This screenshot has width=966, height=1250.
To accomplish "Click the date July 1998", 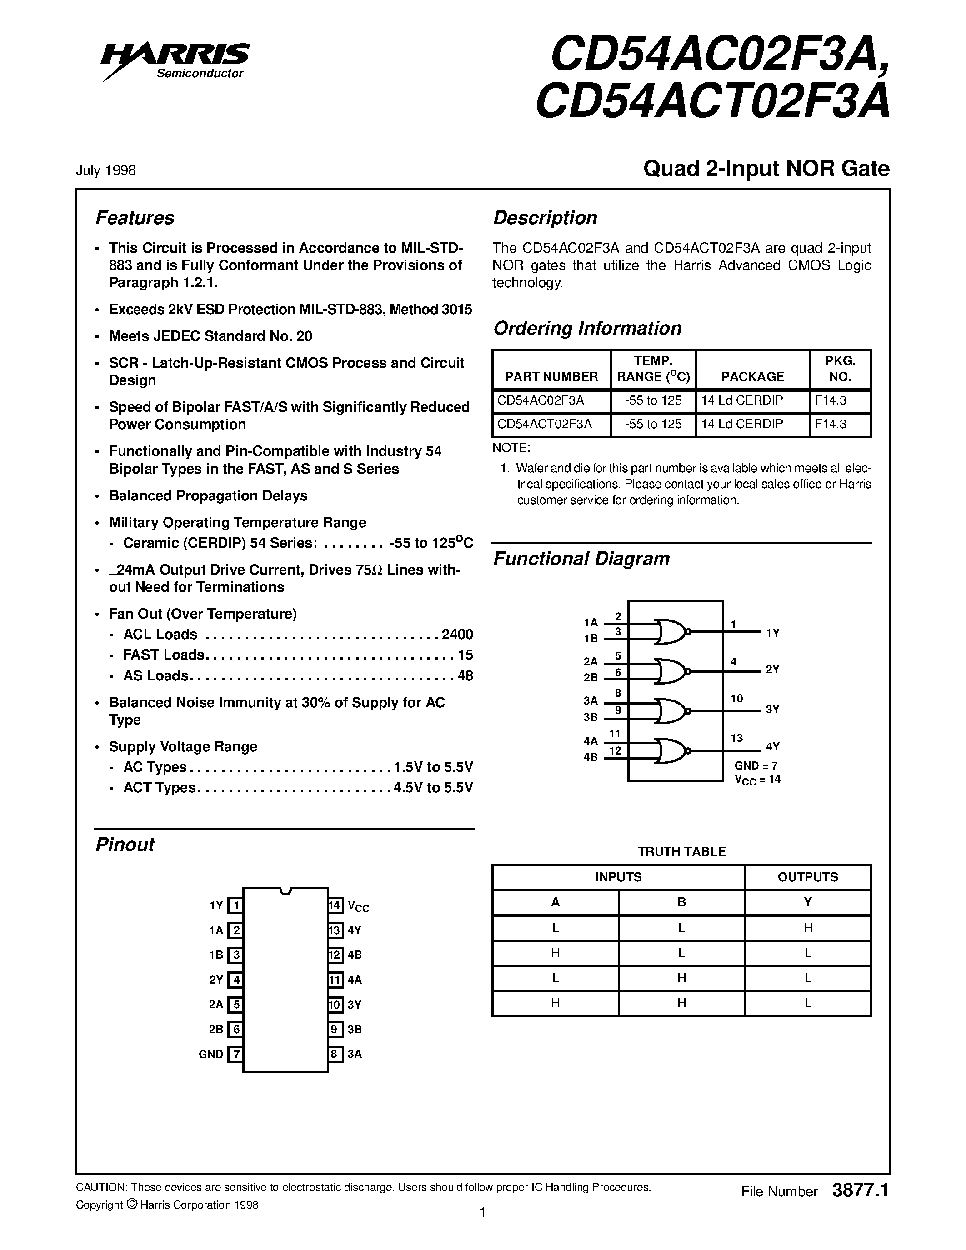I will tap(106, 170).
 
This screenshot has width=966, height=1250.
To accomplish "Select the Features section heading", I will tap(135, 218).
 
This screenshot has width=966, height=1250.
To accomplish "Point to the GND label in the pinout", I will tap(210, 1054).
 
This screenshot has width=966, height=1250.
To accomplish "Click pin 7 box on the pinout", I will tap(235, 1054).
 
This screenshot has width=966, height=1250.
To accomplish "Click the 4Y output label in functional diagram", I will tap(772, 746).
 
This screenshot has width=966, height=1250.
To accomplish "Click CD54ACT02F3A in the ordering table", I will tap(544, 424).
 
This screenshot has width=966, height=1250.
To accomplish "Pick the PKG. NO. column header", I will tap(840, 369).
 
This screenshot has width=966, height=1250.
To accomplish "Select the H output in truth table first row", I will tap(807, 928).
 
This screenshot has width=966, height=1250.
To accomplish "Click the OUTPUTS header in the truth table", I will tap(807, 877).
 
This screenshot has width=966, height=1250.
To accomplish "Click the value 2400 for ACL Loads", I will tap(457, 634).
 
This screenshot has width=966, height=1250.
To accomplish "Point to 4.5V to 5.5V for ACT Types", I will tap(433, 788).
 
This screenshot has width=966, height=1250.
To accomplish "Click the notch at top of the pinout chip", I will tap(285, 890).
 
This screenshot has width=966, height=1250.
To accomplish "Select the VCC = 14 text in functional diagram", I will tap(757, 779).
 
